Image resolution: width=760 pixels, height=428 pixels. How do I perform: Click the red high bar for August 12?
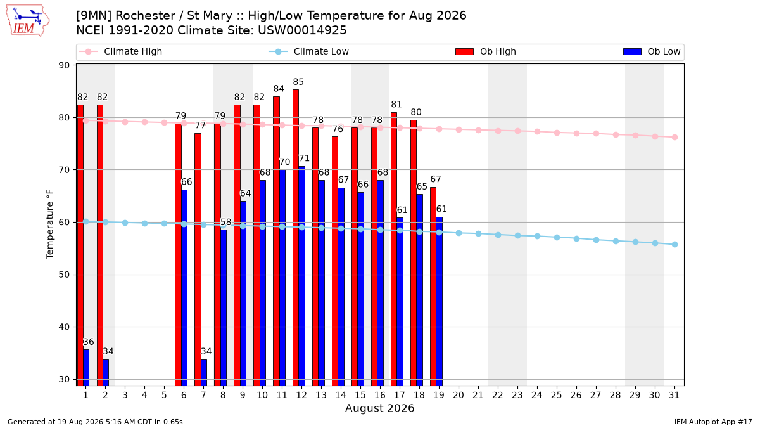click(x=296, y=237)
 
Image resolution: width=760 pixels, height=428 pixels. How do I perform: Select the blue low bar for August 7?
click(x=204, y=372)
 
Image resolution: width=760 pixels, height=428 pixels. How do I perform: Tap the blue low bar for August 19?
click(x=439, y=301)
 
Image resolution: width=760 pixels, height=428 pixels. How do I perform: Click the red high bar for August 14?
click(x=335, y=261)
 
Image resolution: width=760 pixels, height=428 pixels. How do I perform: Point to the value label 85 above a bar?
click(x=298, y=82)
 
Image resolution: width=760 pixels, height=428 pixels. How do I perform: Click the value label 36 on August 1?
click(x=89, y=342)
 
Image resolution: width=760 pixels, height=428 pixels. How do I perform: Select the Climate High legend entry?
click(x=121, y=51)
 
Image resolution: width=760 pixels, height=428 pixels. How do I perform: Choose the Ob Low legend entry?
click(x=652, y=51)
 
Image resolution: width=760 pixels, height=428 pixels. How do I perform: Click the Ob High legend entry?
click(x=486, y=51)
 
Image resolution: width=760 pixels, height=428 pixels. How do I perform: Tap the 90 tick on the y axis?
click(x=64, y=65)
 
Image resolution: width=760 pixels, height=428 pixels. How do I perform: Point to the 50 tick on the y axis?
click(x=64, y=275)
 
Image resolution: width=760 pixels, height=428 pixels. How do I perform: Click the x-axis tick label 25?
click(x=557, y=395)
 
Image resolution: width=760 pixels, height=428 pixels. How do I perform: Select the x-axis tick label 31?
click(x=674, y=395)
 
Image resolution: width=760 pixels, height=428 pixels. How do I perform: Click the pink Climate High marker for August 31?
click(x=674, y=137)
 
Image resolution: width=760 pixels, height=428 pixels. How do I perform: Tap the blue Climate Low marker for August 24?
click(x=537, y=236)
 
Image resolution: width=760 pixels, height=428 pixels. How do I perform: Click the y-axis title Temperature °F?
click(x=50, y=224)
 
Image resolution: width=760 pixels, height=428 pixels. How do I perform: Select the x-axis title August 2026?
click(x=379, y=408)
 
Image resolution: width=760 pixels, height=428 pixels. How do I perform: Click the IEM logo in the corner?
click(x=27, y=21)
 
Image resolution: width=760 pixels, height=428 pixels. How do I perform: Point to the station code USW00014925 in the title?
click(x=302, y=30)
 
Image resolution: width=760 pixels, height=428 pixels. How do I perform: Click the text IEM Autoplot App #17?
click(x=713, y=422)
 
